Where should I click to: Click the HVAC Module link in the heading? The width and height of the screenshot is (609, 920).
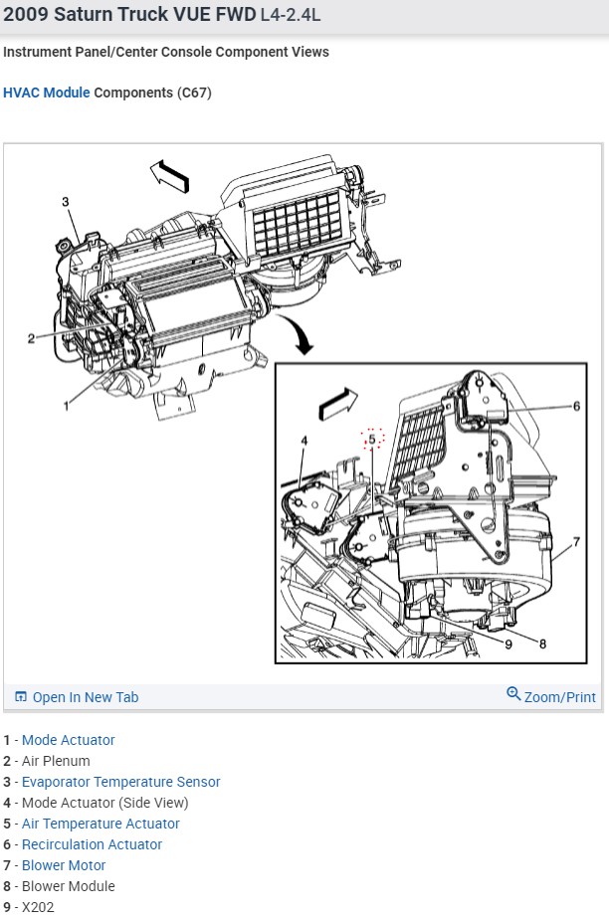point(46,92)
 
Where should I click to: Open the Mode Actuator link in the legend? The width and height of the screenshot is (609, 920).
point(68,740)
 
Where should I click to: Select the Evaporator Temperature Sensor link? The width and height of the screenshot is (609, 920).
point(120,782)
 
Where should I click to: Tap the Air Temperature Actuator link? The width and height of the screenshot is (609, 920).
point(101,824)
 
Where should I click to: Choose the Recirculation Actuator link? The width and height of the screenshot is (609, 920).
point(92,844)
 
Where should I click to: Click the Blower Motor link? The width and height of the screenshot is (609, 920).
point(64,865)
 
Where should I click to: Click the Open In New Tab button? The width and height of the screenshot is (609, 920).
point(77,697)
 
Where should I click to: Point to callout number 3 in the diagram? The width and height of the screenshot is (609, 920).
point(66,202)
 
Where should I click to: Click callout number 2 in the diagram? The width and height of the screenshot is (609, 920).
point(31,338)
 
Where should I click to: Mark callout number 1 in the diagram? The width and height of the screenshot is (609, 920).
point(66,405)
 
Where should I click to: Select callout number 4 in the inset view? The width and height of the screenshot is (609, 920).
point(304,441)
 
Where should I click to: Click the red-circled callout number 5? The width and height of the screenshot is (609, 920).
point(372,439)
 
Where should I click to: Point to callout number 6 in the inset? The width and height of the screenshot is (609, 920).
point(575,406)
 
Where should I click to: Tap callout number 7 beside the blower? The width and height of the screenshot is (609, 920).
point(575,543)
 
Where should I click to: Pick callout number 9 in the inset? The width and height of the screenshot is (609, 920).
point(507,644)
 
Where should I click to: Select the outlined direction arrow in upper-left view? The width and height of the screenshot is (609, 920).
point(169,176)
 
